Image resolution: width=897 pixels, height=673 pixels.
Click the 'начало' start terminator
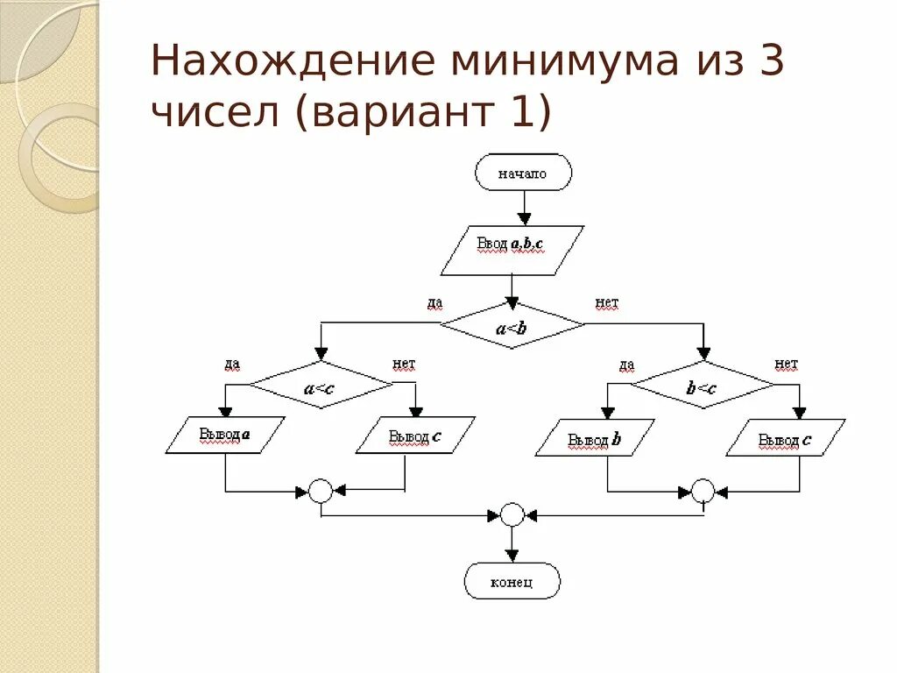click(523, 173)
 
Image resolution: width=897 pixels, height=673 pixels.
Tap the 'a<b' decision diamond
click(512, 326)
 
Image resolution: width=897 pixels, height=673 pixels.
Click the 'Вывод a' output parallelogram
click(225, 435)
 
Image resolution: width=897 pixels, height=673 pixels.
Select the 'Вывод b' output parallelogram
click(595, 437)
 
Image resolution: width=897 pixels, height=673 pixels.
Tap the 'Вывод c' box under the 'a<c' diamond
click(415, 435)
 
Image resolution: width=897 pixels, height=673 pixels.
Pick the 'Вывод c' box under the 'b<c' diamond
click(786, 437)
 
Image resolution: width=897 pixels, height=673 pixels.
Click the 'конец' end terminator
click(512, 581)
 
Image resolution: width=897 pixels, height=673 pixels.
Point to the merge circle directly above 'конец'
click(512, 514)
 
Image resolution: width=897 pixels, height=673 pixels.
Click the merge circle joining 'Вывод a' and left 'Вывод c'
click(321, 491)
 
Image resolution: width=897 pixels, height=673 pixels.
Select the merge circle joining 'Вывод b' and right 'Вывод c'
click(703, 491)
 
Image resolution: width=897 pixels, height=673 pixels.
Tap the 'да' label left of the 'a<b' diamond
click(434, 303)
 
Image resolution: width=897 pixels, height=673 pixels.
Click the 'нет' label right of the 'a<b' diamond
click(606, 303)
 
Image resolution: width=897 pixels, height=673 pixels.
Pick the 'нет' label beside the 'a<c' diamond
click(404, 364)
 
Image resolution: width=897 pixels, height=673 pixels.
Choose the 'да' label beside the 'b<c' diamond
click(626, 365)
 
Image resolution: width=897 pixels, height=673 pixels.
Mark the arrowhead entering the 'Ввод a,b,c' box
click(524, 218)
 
